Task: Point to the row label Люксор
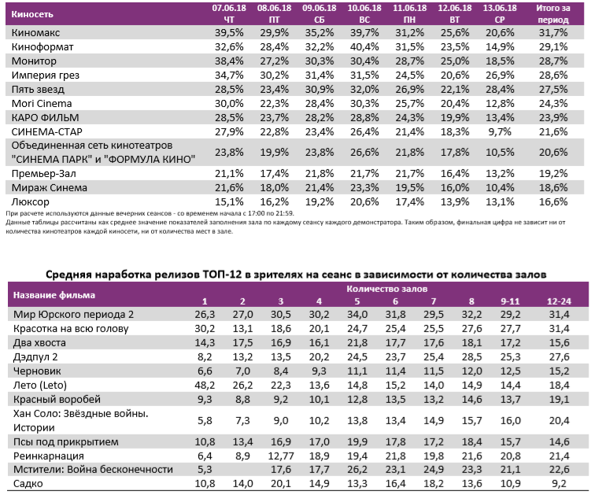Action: [31, 201]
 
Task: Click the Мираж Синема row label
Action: [49, 187]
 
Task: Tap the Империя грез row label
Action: [48, 75]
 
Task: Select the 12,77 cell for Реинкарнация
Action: [280, 455]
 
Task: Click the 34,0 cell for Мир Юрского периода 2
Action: [356, 315]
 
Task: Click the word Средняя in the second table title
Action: [72, 272]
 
